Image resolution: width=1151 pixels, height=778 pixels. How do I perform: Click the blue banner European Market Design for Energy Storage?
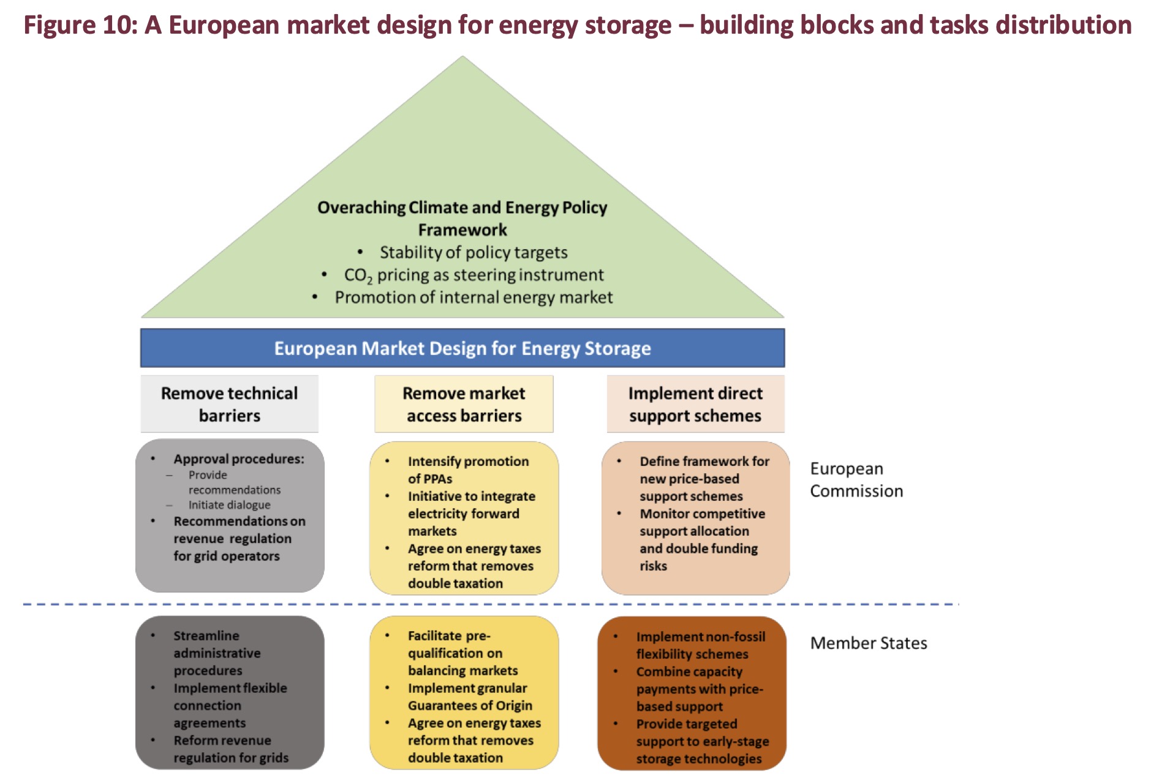pyautogui.click(x=462, y=348)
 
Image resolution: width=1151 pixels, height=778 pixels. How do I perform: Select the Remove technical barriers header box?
pyautogui.click(x=230, y=404)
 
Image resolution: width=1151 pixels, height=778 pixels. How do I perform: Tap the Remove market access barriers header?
pyautogui.click(x=464, y=404)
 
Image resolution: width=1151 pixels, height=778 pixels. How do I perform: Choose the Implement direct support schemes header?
pyautogui.click(x=695, y=404)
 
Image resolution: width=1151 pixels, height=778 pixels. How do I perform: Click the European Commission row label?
pyautogui.click(x=856, y=480)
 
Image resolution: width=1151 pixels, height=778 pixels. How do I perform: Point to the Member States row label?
pyautogui.click(x=868, y=643)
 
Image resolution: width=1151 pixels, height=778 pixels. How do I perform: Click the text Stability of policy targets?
pyautogui.click(x=473, y=252)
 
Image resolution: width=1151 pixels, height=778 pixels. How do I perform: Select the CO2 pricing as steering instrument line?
pyautogui.click(x=474, y=275)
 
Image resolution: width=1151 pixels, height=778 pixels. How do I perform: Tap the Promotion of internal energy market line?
pyautogui.click(x=473, y=297)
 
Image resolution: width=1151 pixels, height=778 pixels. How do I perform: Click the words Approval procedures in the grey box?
pyautogui.click(x=238, y=459)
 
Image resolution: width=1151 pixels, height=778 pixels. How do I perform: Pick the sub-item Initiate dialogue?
pyautogui.click(x=229, y=505)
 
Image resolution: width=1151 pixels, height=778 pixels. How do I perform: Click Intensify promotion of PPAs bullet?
pyautogui.click(x=468, y=470)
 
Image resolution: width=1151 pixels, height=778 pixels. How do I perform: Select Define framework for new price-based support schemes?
pyautogui.click(x=704, y=479)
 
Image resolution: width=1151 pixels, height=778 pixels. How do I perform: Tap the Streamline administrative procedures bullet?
pyautogui.click(x=216, y=653)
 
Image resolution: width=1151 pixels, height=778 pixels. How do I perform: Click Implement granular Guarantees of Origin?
pyautogui.click(x=469, y=697)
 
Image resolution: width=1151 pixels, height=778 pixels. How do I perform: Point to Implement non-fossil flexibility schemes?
pyautogui.click(x=700, y=645)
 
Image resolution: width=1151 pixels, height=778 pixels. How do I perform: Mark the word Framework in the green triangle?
pyautogui.click(x=462, y=230)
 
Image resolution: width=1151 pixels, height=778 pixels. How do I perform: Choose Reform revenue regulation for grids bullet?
pyautogui.click(x=230, y=749)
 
